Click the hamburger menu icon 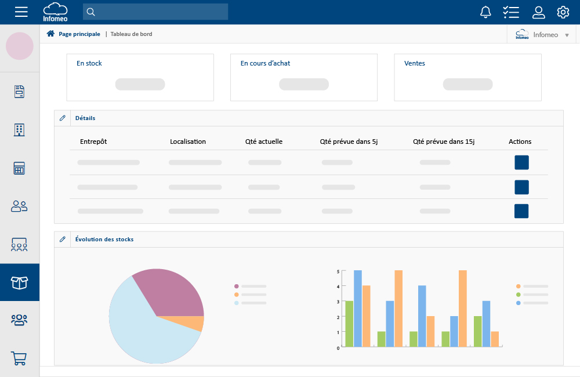[21, 12]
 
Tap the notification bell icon [486, 12]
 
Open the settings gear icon [563, 12]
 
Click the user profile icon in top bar [539, 12]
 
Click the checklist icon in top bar [511, 12]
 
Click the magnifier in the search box [91, 12]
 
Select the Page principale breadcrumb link [79, 34]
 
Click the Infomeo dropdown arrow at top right [567, 35]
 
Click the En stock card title [89, 63]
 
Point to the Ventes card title [415, 63]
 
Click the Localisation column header [188, 142]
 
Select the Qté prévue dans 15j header [444, 142]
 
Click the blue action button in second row [521, 187]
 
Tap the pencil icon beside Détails [63, 118]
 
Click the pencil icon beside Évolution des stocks [63, 239]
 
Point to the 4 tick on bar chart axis [338, 287]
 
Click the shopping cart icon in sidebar [20, 358]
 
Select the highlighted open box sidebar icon [20, 282]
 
